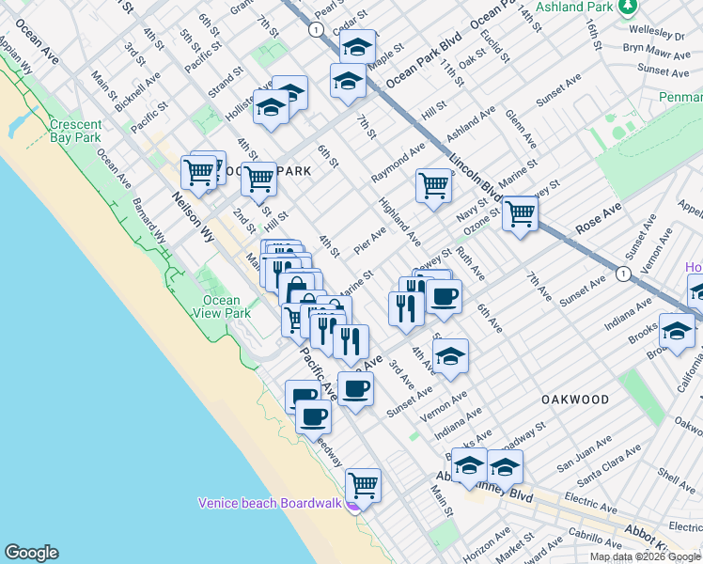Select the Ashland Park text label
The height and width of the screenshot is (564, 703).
tap(573, 7)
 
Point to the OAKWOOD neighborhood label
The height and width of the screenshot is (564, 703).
tap(574, 399)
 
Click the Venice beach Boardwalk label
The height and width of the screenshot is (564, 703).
tap(269, 503)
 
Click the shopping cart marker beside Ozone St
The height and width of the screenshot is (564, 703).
tap(520, 212)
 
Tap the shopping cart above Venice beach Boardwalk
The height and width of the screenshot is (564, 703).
tap(363, 485)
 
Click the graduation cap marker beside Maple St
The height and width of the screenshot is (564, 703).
tap(357, 46)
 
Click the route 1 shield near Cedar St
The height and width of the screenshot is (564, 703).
tap(317, 30)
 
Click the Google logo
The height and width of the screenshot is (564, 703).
tap(31, 553)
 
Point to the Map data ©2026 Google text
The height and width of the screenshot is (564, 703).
tap(645, 556)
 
